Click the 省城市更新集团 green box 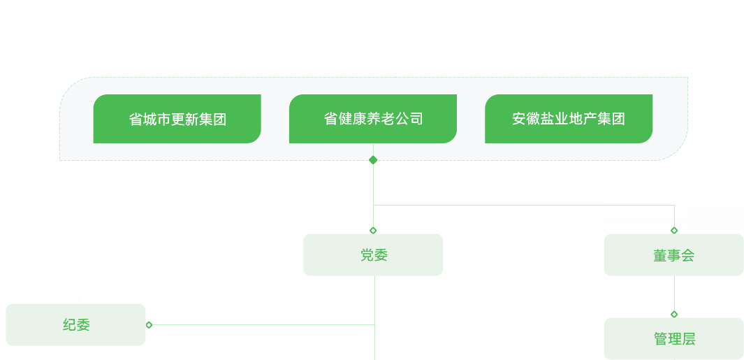click(177, 119)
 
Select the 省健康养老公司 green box click(373, 119)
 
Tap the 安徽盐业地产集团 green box click(569, 119)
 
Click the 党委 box click(373, 254)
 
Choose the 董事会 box click(673, 254)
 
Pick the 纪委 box click(75, 325)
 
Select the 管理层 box click(673, 338)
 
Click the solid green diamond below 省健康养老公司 click(374, 160)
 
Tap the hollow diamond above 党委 click(373, 231)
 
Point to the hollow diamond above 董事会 click(674, 231)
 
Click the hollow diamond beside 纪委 click(149, 325)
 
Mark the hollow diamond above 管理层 click(674, 315)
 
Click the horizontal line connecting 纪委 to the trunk click(263, 325)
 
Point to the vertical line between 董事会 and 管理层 click(674, 293)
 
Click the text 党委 click(374, 256)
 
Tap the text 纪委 click(76, 325)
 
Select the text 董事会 click(673, 256)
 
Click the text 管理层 click(674, 339)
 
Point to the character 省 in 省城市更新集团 click(136, 120)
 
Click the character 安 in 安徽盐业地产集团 click(518, 119)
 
